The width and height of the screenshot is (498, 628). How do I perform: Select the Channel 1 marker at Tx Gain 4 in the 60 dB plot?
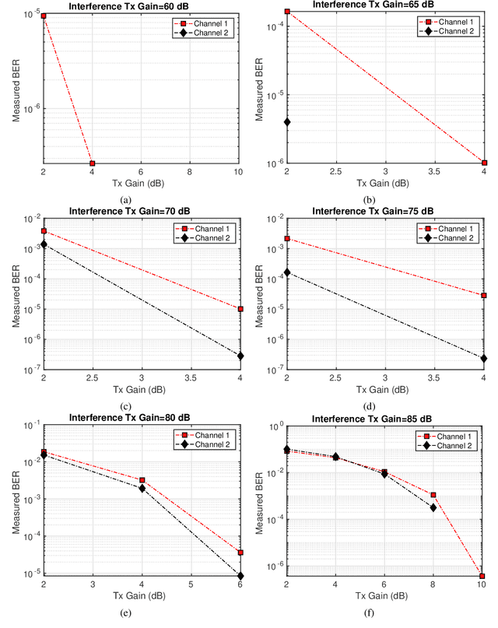(x=93, y=163)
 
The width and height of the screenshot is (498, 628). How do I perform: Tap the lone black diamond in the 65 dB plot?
(x=288, y=122)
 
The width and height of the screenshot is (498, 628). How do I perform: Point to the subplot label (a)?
(x=126, y=200)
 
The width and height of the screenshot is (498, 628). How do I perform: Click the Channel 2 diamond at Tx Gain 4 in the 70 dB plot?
(x=240, y=356)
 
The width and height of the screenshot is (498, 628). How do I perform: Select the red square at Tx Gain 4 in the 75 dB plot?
(x=484, y=296)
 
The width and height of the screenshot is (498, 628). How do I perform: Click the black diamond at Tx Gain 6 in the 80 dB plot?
(x=240, y=576)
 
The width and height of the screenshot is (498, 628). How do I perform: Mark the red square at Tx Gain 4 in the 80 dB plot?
(x=142, y=480)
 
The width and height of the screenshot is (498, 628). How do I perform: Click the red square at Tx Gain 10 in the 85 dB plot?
(x=484, y=576)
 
